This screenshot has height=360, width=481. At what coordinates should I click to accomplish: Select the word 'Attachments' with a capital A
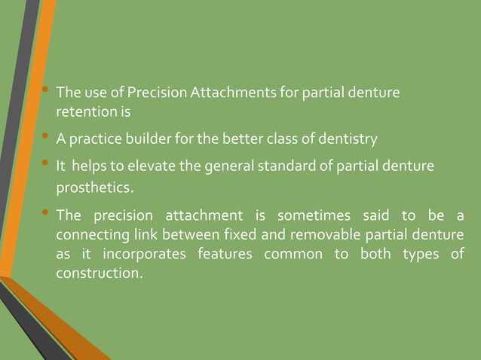[226, 93]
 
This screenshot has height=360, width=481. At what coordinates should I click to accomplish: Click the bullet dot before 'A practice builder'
[46, 137]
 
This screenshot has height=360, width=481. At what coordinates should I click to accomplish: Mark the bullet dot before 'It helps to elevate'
[46, 163]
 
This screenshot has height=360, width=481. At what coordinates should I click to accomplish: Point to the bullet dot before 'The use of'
[46, 91]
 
